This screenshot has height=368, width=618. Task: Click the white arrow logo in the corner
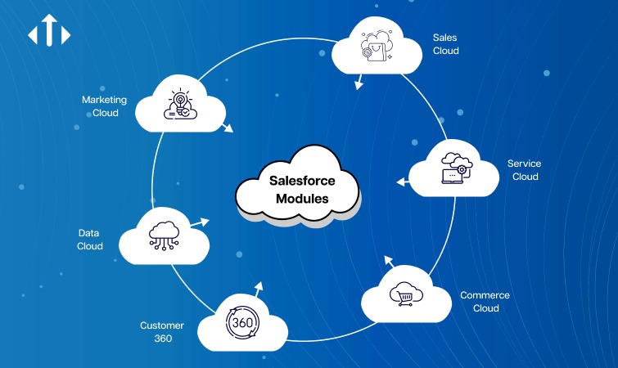49,34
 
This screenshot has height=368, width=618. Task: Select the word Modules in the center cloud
298,199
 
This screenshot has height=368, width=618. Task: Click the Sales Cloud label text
445,44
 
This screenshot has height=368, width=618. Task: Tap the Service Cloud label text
524,170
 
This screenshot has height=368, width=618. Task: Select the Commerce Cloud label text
485,302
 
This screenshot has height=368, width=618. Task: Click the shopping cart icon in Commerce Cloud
404,293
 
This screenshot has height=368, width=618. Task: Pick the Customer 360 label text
161,331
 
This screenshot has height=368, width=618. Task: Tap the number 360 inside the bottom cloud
242,322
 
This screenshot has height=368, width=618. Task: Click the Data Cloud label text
90,240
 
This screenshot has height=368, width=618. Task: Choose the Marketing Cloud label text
104,106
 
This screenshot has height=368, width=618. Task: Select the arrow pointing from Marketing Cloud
227,128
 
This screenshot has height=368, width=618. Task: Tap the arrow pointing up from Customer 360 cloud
259,287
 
